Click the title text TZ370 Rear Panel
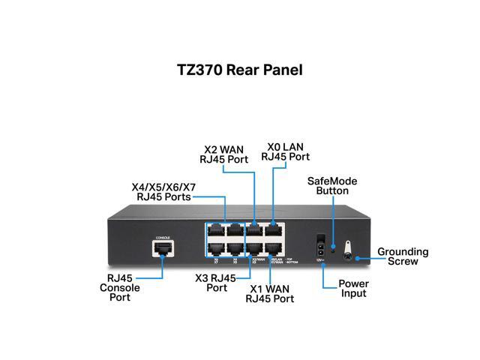click(240, 70)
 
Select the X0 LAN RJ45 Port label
click(285, 151)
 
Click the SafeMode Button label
click(332, 186)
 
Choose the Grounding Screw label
click(403, 256)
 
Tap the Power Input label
click(352, 289)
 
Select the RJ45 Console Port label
click(119, 287)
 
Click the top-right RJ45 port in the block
click(274, 230)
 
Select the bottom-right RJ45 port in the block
click(274, 247)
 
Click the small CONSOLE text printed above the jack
click(162, 238)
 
